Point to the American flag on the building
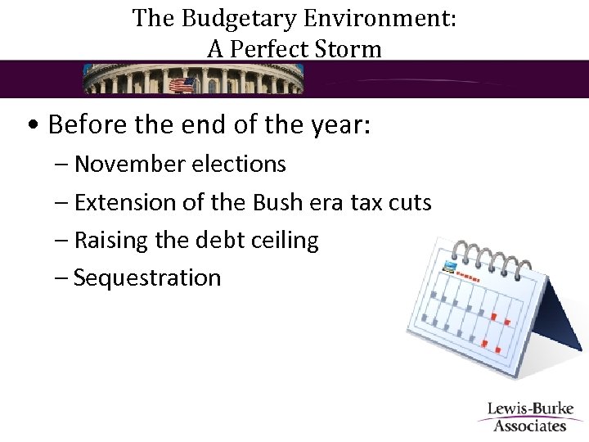click(181, 83)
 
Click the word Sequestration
click(147, 277)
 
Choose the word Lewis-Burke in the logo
click(530, 409)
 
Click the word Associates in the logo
click(530, 426)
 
